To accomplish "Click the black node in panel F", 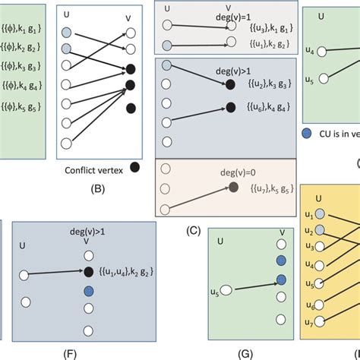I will pyautogui.click(x=90, y=271).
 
